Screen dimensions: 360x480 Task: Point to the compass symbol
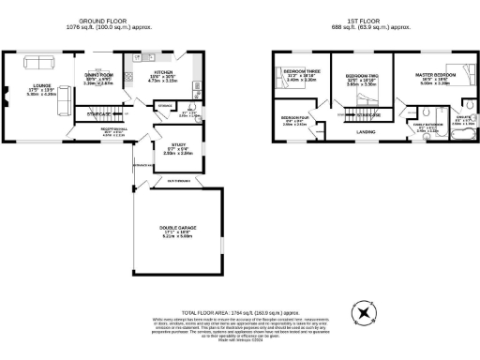point(361,311)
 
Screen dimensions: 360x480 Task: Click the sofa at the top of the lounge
point(39,64)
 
